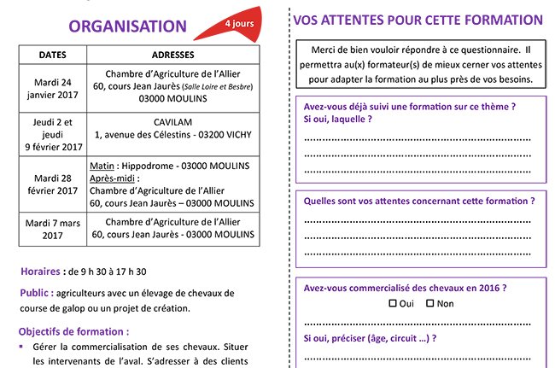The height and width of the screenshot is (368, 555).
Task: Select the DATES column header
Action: coord(53,55)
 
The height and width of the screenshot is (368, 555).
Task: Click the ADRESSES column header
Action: coord(178,55)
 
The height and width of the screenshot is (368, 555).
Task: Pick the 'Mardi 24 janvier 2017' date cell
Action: coord(53,89)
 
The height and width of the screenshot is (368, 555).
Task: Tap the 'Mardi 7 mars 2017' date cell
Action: coord(53,227)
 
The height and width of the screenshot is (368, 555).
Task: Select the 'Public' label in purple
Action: coord(38,293)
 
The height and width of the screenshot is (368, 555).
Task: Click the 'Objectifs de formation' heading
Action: coord(74,331)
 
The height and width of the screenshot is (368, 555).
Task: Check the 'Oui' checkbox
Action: coord(393,303)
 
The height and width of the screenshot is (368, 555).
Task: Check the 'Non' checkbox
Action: coord(430,303)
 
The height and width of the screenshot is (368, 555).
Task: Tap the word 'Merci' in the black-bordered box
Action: coord(330,50)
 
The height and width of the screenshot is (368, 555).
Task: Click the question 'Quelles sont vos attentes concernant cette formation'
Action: coord(418,201)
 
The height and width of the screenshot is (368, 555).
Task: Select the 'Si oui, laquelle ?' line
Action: coord(338,120)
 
